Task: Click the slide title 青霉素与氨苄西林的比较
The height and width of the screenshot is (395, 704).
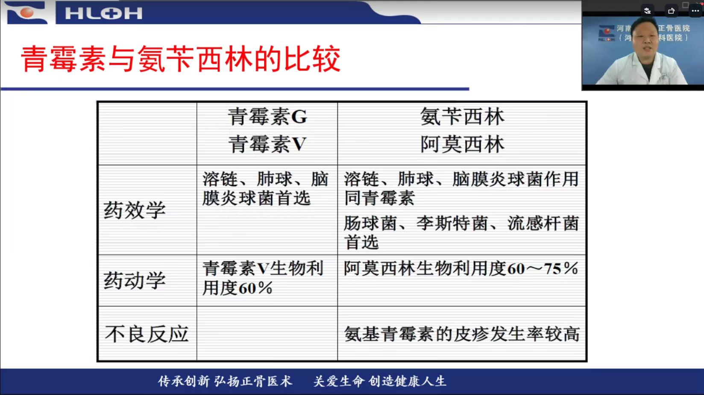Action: coord(181,59)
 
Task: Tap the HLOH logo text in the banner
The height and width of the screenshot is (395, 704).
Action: coord(104,14)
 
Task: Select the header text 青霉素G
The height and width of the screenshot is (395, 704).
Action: coord(267,117)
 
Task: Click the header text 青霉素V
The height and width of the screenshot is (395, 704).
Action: coord(267,144)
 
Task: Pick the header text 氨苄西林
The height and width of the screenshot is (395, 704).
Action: coord(462,117)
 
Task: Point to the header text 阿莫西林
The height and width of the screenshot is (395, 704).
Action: coord(462,144)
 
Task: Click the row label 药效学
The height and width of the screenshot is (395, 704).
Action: coord(135,210)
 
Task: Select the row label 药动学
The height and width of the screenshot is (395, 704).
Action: coord(135,280)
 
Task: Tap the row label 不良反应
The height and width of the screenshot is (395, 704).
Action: coord(147,334)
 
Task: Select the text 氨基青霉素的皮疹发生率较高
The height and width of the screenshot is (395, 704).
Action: coord(462,334)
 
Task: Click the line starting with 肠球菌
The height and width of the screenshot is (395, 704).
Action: coord(461,224)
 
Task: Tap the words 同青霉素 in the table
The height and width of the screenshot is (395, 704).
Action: coord(380,198)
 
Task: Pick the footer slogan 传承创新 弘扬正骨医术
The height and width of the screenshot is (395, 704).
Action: coord(225,381)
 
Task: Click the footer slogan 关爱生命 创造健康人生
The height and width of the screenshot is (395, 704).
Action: coord(380,381)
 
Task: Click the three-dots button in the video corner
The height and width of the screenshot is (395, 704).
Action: coord(695,11)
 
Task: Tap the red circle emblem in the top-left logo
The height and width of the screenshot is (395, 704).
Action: coord(27,12)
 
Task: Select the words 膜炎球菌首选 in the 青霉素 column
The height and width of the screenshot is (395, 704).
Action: coord(256,198)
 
